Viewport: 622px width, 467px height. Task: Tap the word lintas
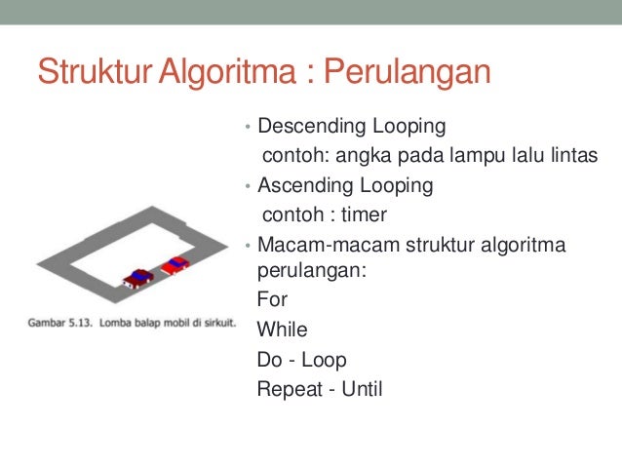(568, 156)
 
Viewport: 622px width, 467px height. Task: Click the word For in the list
(272, 300)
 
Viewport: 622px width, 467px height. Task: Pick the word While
(282, 330)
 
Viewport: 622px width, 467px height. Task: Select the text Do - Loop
(301, 359)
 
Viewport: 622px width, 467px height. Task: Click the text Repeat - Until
(320, 389)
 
